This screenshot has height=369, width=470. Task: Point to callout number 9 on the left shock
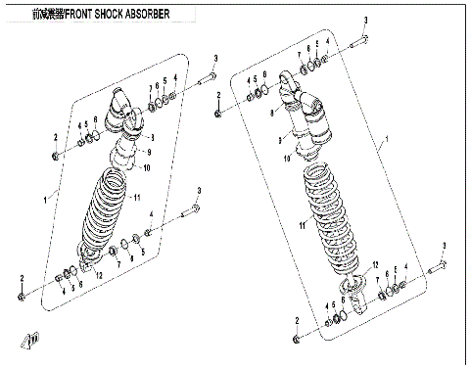tap(149, 153)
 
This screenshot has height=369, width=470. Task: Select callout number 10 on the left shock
tap(146, 169)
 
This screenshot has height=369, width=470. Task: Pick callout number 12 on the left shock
tap(100, 277)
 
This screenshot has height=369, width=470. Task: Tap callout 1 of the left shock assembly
tap(45, 200)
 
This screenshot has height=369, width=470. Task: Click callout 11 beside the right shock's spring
tap(304, 225)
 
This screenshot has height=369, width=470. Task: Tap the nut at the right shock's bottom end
tap(297, 339)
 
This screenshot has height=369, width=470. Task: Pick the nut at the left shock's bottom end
tap(22, 300)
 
